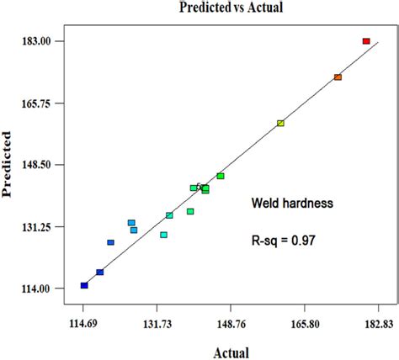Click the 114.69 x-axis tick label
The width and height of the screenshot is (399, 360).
[82, 324]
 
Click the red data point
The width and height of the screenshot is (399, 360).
[366, 41]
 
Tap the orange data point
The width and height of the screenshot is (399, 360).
[338, 77]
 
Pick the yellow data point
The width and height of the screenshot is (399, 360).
[280, 124]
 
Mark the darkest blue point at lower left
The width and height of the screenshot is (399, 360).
[84, 285]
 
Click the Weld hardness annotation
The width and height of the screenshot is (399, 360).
[293, 203]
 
